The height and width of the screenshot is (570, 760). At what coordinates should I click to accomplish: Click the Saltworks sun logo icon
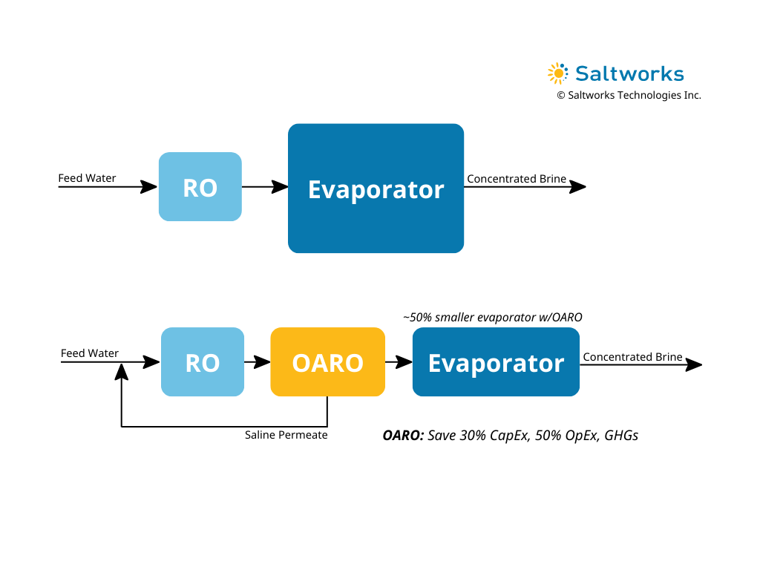point(558,73)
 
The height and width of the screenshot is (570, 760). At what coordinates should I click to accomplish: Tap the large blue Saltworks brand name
point(629,73)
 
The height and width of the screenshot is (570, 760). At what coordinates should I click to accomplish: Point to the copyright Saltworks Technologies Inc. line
point(629,95)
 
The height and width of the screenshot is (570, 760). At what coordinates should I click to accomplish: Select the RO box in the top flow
point(200,186)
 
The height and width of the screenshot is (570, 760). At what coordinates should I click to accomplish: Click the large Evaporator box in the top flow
point(376,188)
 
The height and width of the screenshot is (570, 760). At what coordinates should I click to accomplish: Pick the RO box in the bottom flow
point(203,361)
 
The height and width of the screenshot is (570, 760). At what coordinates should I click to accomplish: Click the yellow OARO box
point(327,361)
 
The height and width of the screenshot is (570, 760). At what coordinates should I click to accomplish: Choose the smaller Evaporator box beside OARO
point(496,361)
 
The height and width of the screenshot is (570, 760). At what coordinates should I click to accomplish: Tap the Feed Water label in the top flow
point(88,178)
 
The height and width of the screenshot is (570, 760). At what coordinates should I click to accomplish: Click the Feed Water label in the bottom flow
point(90,353)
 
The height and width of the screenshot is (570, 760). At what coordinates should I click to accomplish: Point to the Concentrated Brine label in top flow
point(517,178)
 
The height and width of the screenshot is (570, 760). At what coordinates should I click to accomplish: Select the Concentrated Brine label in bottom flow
point(632,357)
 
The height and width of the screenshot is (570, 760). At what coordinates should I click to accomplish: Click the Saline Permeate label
point(286,435)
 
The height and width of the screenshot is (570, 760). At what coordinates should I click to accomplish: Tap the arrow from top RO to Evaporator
point(265,186)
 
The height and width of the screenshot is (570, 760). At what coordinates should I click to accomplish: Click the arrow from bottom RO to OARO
point(258,361)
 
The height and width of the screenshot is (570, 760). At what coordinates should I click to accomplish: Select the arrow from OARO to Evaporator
point(399,361)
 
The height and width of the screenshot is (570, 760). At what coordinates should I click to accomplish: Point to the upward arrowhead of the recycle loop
point(121,372)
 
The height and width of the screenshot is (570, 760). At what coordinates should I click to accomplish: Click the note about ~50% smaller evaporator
point(493,317)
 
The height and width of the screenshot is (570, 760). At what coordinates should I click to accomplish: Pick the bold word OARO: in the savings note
point(403,435)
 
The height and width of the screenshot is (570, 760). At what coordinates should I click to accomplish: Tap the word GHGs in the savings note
point(621,435)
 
